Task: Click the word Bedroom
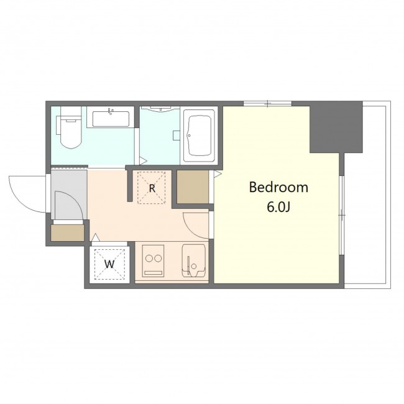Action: pos(278,187)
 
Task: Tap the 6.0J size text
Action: pos(278,207)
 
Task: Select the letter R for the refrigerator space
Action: pos(152,188)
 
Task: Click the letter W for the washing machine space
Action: pos(109,264)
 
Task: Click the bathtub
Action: pos(199,135)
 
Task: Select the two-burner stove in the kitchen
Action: pos(154,261)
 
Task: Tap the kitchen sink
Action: pos(194,261)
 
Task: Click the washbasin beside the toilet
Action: pos(111,117)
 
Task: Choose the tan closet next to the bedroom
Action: pos(193,186)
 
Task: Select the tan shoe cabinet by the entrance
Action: pos(68,233)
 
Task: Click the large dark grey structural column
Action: pos(336,127)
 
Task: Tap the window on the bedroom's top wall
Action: pos(267,104)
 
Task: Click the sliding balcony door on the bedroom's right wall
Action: pos(342,215)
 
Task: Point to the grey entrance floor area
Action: pos(68,195)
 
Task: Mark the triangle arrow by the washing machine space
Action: pos(96,237)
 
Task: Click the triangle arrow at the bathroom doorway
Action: pos(143,162)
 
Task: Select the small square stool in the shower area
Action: pos(177,135)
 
